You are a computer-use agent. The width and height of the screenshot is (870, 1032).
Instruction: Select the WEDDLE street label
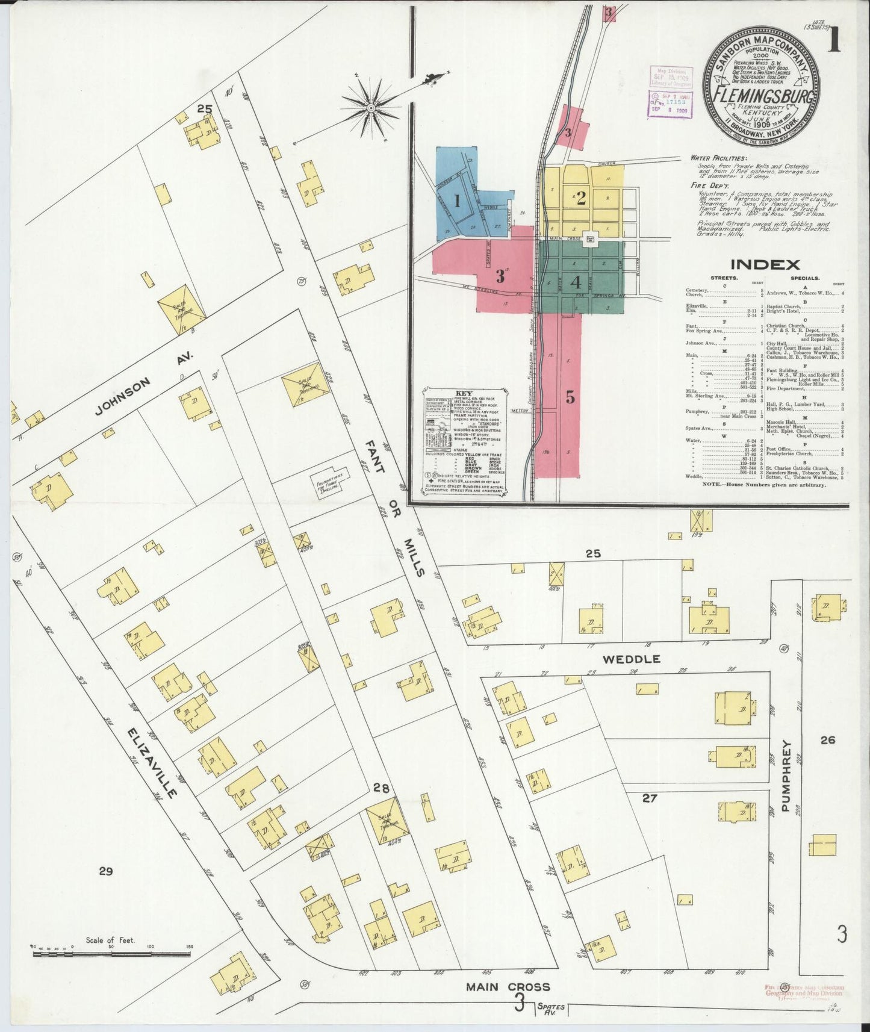631,659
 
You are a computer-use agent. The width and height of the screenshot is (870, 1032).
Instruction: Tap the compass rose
372,108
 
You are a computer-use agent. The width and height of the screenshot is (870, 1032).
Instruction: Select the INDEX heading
765,264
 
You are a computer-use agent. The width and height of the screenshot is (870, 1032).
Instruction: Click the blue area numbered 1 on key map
457,201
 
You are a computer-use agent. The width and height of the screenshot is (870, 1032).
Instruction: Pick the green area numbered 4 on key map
576,281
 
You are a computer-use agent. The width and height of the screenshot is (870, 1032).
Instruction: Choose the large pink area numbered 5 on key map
570,397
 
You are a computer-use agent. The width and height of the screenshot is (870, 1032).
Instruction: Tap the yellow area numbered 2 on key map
581,198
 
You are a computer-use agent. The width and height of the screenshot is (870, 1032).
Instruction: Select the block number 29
106,871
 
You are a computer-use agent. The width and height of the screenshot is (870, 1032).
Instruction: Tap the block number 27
649,798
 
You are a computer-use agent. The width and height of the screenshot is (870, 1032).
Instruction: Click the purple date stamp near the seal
670,104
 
